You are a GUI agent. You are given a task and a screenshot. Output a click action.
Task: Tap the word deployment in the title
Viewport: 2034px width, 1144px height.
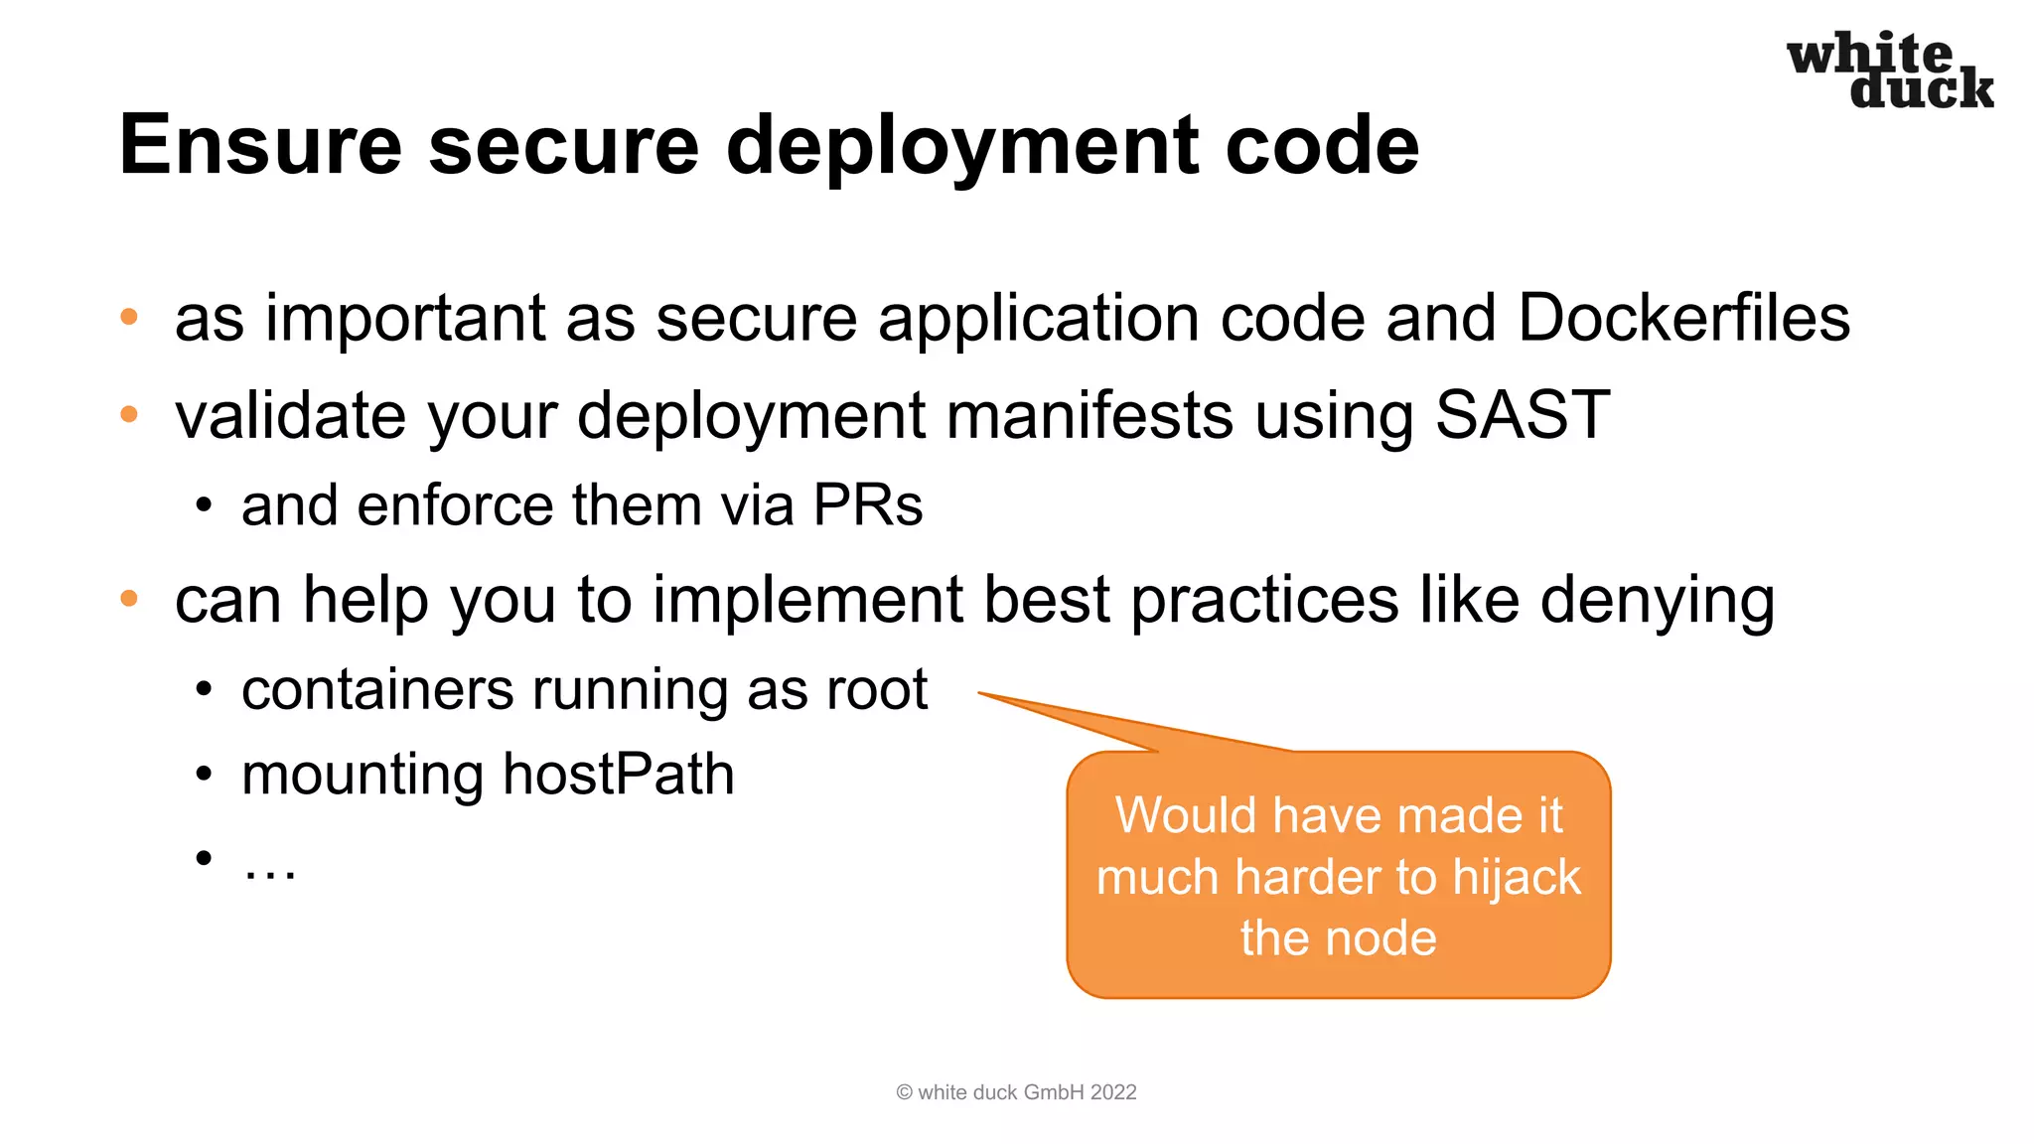point(962,145)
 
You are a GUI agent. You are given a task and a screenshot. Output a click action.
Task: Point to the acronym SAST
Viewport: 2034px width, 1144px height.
point(1522,414)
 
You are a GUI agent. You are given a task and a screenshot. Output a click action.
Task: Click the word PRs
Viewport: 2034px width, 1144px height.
point(867,504)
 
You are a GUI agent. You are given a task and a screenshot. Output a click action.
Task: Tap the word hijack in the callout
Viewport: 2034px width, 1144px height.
point(1516,878)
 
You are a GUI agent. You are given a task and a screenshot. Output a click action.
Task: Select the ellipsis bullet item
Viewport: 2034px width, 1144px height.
point(269,866)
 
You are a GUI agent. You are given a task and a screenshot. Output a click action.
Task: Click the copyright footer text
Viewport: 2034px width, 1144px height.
point(1016,1092)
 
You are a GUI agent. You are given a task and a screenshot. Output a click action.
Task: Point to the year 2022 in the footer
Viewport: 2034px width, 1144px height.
point(1113,1092)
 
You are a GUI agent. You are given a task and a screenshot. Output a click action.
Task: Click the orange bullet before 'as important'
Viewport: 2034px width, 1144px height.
point(129,318)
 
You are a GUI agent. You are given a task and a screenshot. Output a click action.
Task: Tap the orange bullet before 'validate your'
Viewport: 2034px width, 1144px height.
point(129,414)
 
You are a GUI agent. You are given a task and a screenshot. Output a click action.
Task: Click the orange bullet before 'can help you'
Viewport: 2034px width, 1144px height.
point(129,599)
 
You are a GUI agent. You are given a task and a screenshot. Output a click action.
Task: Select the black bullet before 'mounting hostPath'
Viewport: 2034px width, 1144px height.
point(204,775)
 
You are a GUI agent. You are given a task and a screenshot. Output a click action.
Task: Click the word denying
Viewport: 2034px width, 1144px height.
point(1657,600)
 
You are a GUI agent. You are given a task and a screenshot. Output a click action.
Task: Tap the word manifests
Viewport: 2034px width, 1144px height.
point(1090,414)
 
